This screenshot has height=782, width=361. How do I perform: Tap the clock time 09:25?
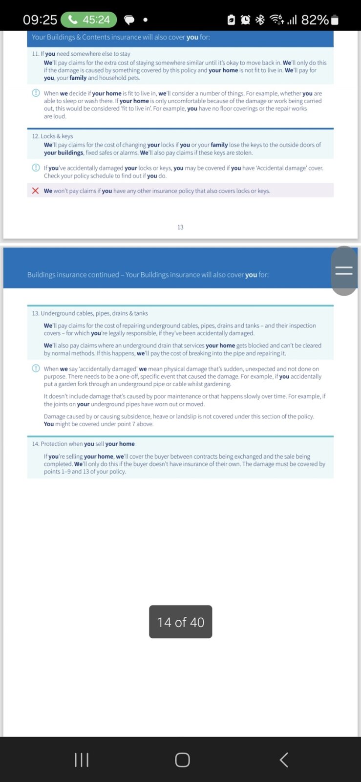pos(40,20)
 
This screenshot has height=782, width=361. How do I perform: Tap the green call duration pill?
pos(89,20)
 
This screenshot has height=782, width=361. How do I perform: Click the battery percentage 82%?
pos(315,20)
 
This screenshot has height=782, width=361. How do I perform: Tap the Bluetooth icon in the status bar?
pos(260,20)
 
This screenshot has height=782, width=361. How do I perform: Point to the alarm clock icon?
pos(245,20)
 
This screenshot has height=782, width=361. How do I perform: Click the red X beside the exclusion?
pos(35,191)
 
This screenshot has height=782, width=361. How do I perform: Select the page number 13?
pos(180,227)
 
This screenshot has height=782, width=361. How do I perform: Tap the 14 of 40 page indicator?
pos(180,622)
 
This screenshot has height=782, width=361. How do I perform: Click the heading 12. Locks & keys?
pos(53,136)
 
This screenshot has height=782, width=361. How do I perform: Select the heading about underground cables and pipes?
pos(90,313)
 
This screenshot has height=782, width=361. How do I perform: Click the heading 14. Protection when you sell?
pos(84,444)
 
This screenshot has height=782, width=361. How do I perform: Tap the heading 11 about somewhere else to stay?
pos(81,54)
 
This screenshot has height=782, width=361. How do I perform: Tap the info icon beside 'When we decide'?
pos(36,93)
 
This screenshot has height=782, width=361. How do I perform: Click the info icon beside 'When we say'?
pos(36,369)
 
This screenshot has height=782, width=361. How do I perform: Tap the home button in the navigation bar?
pos(182,760)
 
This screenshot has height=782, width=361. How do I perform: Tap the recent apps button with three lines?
pos(82,760)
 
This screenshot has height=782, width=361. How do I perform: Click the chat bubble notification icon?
pos(129,20)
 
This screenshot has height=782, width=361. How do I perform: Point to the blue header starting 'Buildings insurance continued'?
pos(148,275)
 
